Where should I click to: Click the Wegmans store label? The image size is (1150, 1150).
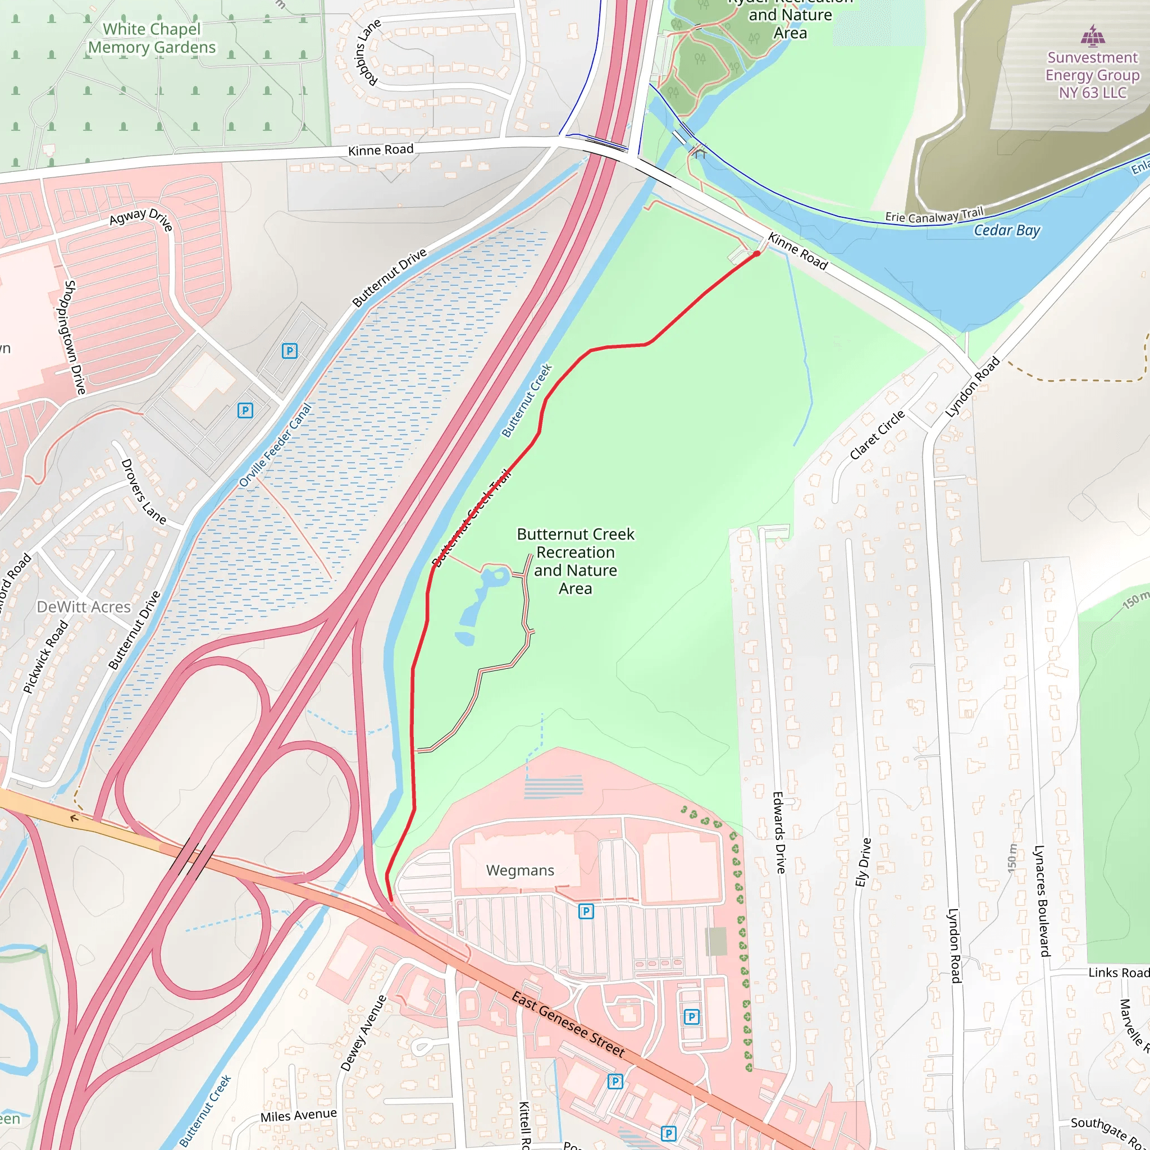click(x=519, y=870)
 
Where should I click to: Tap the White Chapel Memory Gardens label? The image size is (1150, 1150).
click(x=152, y=38)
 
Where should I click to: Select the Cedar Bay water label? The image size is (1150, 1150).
click(x=1007, y=230)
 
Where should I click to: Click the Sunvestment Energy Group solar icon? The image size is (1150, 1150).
click(x=1092, y=35)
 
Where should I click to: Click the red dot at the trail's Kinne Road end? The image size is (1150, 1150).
click(x=756, y=254)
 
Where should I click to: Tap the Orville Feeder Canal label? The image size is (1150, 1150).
click(x=275, y=445)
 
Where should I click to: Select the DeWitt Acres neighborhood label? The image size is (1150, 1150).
click(x=83, y=606)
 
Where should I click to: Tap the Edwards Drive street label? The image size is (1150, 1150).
click(x=779, y=832)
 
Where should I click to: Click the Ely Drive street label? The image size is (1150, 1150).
click(x=863, y=862)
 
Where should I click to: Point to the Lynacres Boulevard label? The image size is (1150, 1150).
click(x=1041, y=901)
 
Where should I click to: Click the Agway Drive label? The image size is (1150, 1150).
click(x=141, y=218)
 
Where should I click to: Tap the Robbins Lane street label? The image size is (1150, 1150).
click(x=367, y=52)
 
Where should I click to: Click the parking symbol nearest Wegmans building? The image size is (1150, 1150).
click(x=586, y=911)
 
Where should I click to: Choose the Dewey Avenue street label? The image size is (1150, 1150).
click(x=363, y=1033)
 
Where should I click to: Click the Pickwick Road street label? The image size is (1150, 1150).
click(x=45, y=656)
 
